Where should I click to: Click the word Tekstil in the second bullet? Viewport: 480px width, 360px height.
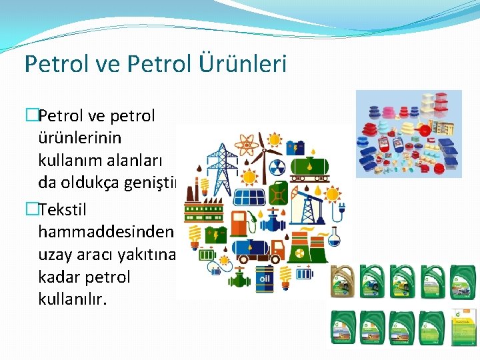tap(63, 210)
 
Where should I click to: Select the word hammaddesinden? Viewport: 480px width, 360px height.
tap(106, 231)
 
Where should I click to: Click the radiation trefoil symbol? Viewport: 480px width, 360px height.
tap(277, 167)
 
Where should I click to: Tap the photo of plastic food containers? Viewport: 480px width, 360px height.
tap(408, 133)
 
